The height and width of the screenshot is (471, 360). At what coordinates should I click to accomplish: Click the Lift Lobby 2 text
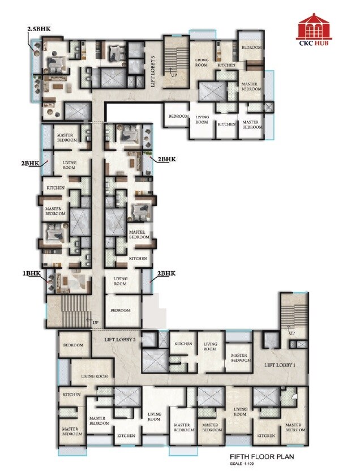[119, 340]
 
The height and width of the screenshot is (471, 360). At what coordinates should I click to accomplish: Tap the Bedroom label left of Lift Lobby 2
[74, 345]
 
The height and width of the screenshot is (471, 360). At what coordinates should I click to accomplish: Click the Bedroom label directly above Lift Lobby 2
[121, 310]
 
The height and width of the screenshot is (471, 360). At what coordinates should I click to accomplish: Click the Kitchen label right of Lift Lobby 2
[183, 344]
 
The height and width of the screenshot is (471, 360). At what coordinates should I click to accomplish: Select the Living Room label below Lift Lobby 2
[95, 376]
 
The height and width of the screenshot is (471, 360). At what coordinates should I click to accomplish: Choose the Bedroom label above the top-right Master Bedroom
[251, 48]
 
